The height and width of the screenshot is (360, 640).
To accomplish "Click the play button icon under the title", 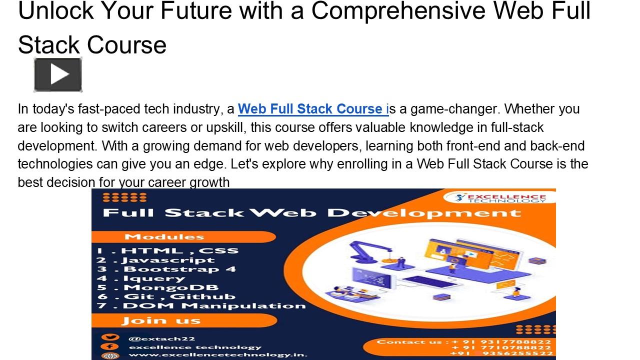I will tap(58, 75).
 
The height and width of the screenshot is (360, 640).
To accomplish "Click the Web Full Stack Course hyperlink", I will tap(312, 109).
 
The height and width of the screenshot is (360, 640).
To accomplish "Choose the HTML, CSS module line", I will tap(167, 250).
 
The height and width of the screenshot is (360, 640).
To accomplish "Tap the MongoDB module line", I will tap(158, 287).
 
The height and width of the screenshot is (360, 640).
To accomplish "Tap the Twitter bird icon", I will tap(109, 338).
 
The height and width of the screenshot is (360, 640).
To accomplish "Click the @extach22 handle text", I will tap(161, 338).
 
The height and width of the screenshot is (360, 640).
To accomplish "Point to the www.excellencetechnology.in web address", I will tap(218, 355).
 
